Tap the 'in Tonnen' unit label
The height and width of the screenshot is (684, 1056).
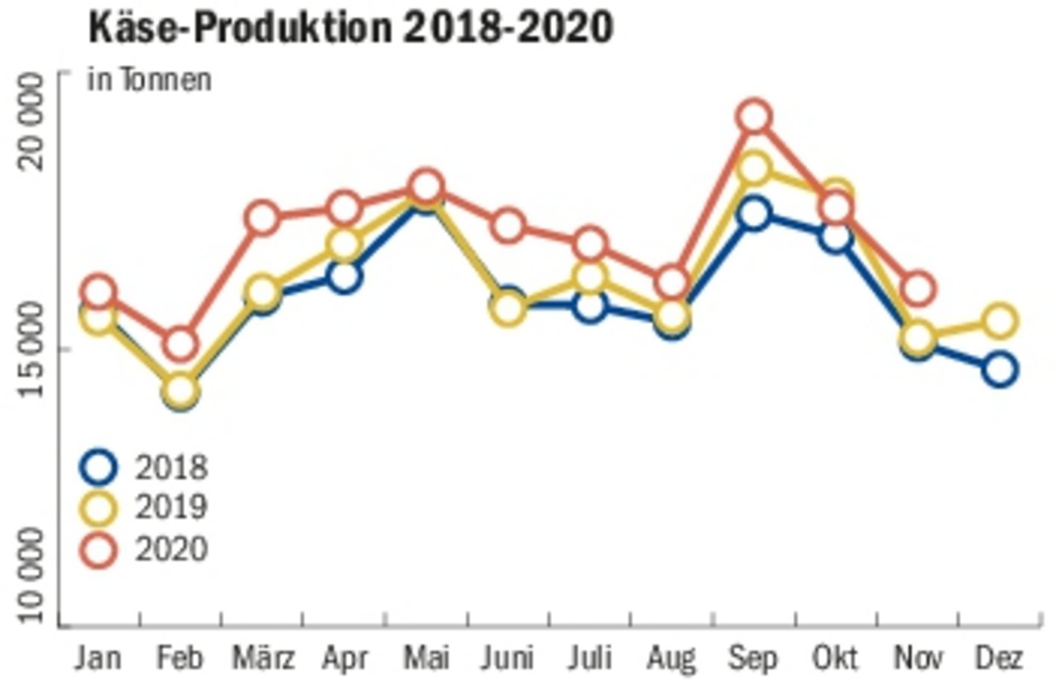[x=149, y=79]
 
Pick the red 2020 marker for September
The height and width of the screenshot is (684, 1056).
[x=754, y=117]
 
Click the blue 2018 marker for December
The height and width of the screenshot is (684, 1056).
[x=1000, y=369]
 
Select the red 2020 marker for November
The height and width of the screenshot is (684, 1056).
[x=918, y=289]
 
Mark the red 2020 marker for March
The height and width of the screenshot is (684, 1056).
[x=262, y=219]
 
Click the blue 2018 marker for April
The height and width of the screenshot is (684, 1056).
[x=344, y=277]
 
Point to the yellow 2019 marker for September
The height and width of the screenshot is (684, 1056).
[x=754, y=168]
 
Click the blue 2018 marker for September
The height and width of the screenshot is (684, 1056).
[x=754, y=214]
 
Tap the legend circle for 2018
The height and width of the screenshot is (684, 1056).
[x=98, y=467]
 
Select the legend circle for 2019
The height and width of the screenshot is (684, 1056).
[x=98, y=508]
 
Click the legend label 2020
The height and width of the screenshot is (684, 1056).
[x=171, y=549]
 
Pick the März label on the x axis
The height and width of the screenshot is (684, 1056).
[x=262, y=658]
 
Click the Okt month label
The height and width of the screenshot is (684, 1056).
[x=835, y=658]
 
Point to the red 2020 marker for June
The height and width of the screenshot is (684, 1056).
[x=508, y=226]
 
